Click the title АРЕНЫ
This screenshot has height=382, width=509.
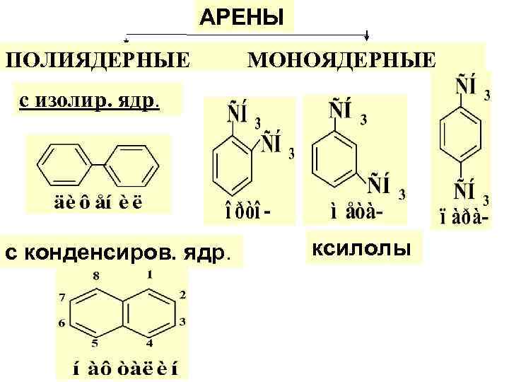(x=242, y=16)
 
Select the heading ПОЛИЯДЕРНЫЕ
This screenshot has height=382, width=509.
(x=98, y=57)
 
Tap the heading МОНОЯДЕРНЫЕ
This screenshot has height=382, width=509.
(x=341, y=57)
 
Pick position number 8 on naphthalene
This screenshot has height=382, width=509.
(x=97, y=274)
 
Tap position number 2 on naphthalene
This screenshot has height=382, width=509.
(x=182, y=294)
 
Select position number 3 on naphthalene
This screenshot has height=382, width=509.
(x=182, y=322)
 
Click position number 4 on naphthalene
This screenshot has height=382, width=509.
(x=150, y=344)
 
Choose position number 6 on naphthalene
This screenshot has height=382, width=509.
(x=62, y=323)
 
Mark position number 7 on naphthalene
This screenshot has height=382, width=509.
(x=62, y=294)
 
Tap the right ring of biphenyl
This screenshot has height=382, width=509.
(x=132, y=166)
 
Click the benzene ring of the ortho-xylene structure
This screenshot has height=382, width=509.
(x=233, y=164)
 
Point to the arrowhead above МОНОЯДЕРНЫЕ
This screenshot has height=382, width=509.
(x=368, y=36)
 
